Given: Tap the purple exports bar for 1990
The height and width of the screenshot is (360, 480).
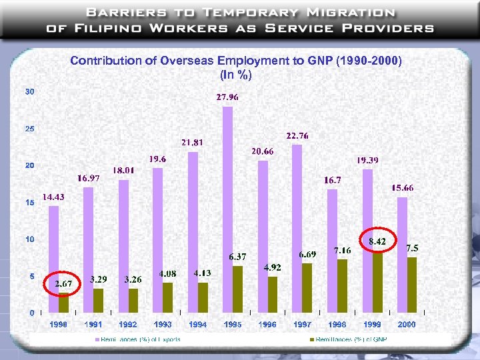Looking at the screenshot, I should (54, 259).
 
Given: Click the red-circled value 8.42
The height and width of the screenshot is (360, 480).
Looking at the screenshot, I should (377, 241).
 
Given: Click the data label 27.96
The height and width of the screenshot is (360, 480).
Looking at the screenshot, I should (227, 97).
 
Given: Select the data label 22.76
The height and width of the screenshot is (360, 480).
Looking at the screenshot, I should (297, 136).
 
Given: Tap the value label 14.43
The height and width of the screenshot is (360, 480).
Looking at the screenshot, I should (53, 197).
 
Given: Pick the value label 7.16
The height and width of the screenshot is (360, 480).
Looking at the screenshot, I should (343, 250).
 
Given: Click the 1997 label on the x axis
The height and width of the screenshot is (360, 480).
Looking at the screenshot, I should (303, 325).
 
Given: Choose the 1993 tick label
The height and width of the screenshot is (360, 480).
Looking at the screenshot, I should (163, 325).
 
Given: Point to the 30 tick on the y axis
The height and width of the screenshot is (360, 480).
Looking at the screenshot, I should (30, 91).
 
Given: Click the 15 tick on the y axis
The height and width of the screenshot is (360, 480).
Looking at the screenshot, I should (30, 203).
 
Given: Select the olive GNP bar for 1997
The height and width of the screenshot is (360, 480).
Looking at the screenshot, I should (307, 288).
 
